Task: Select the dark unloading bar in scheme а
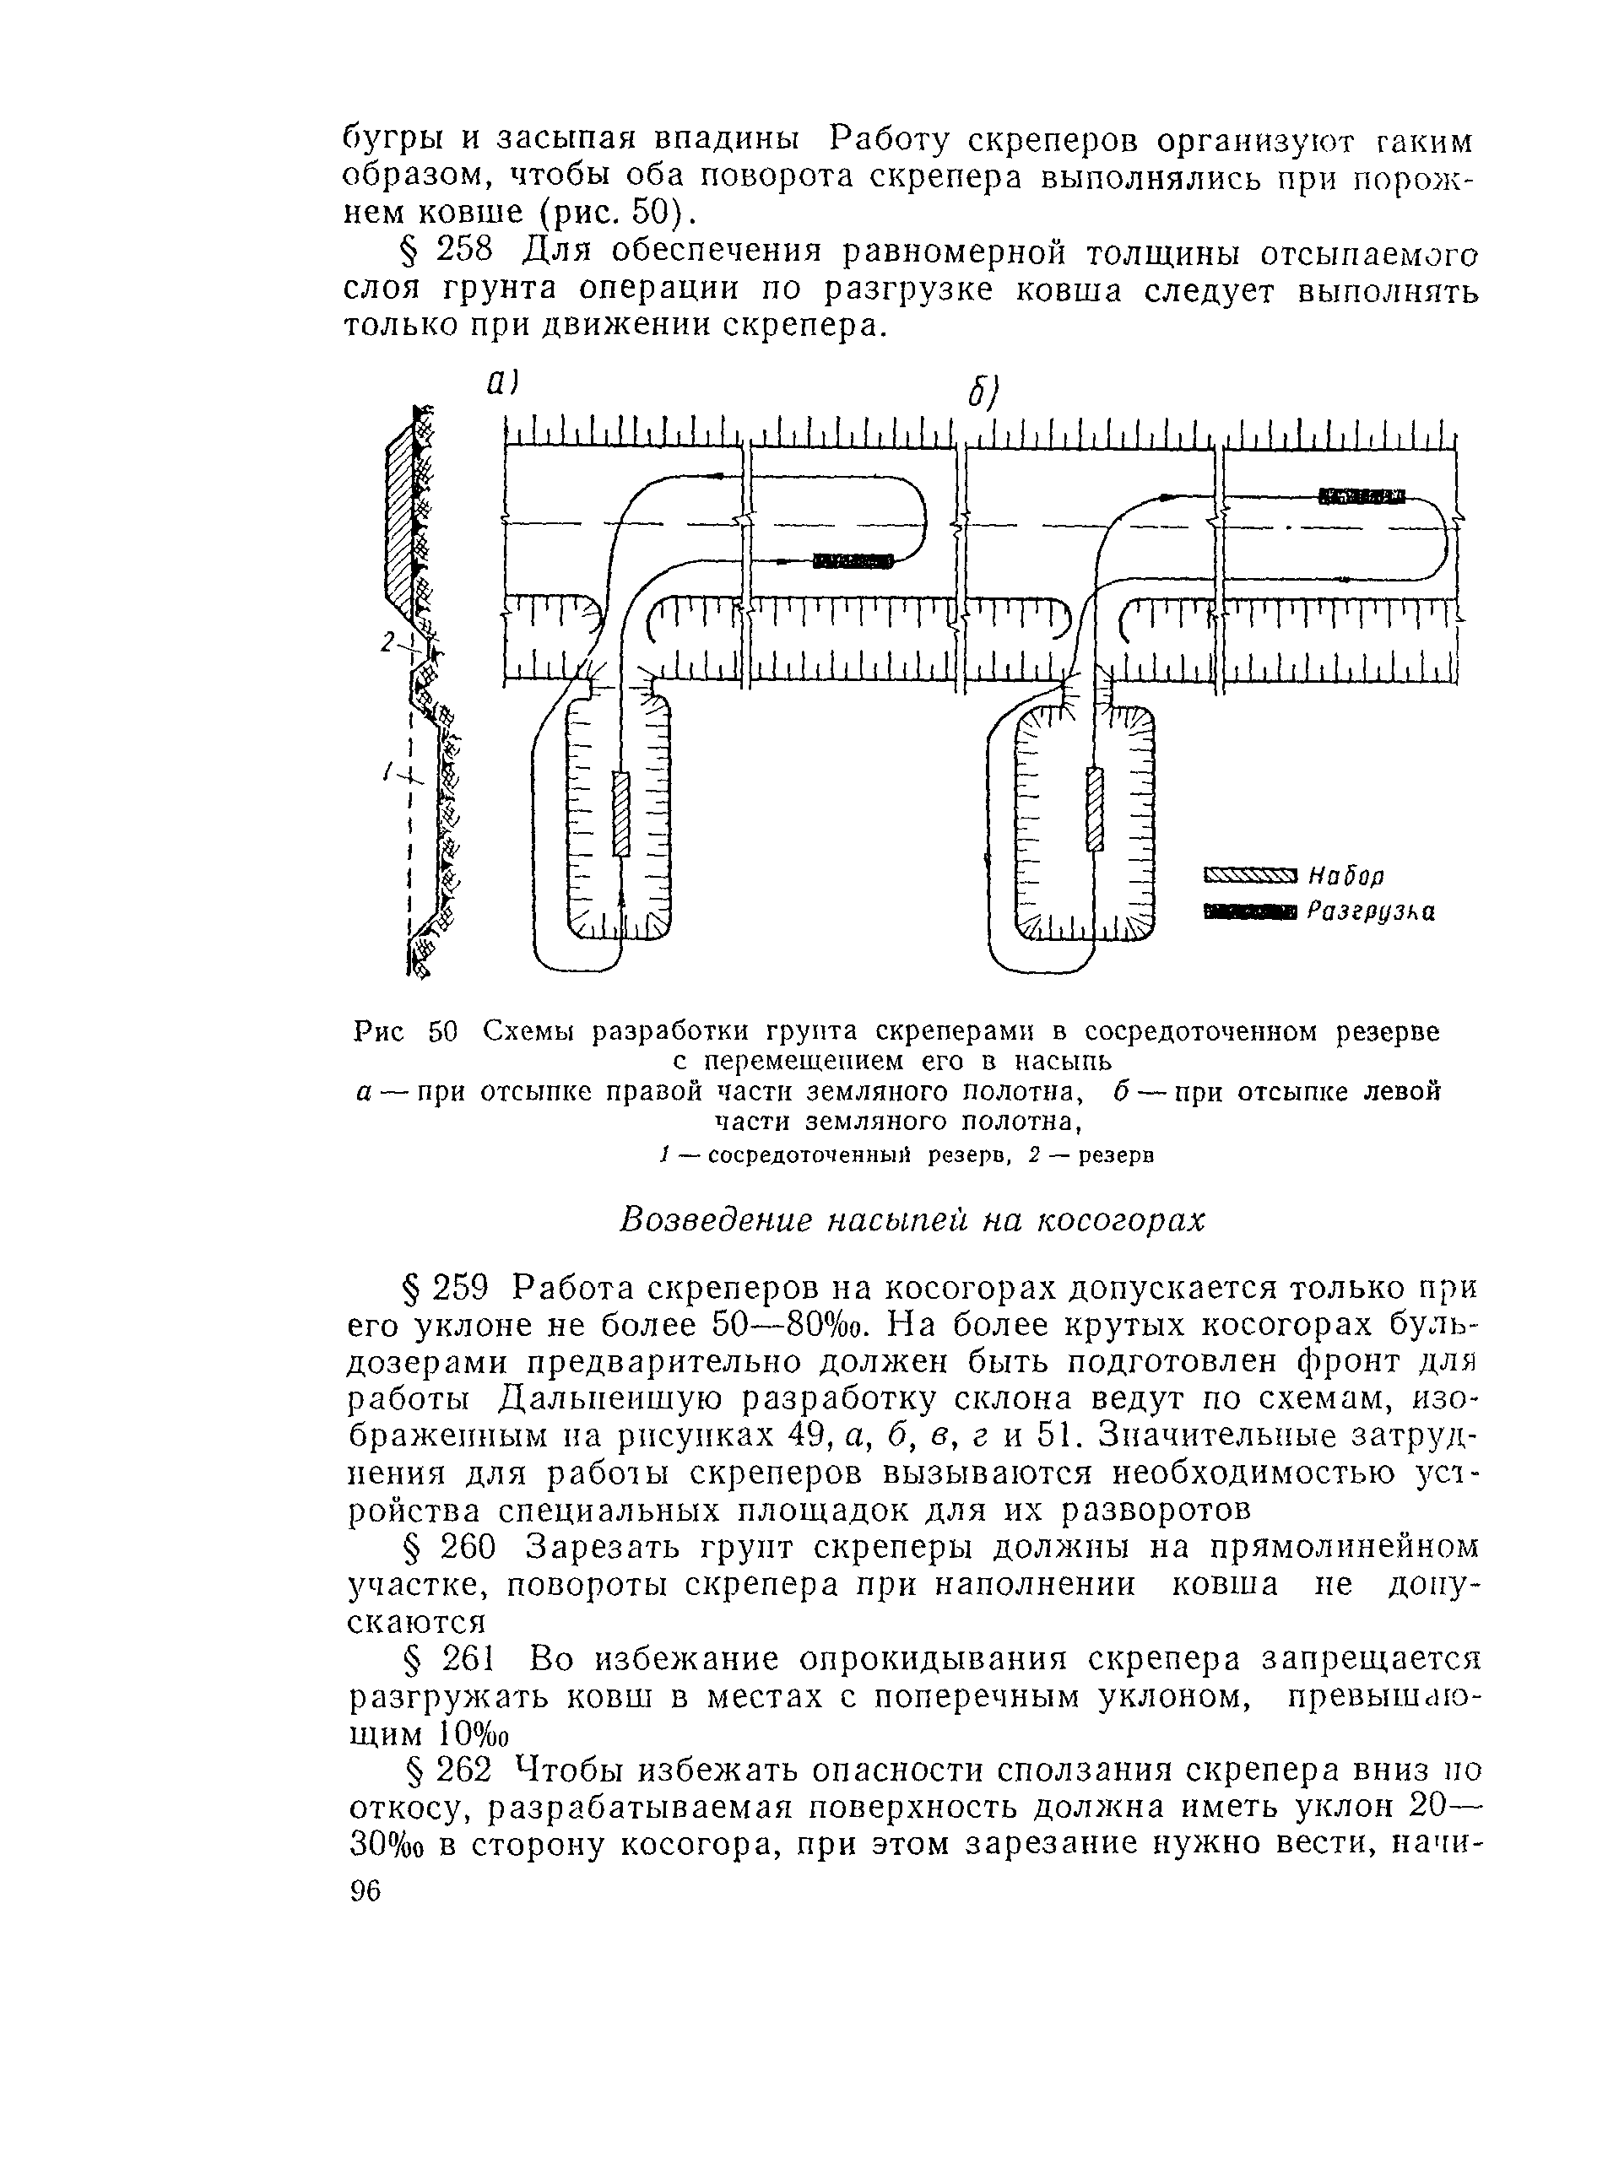(853, 560)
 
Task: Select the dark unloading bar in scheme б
(1362, 497)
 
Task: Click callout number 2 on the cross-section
(388, 642)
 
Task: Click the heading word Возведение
(716, 1219)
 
